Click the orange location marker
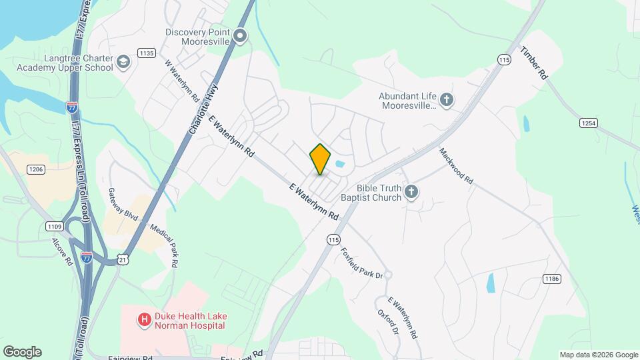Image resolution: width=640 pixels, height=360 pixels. click(320, 159)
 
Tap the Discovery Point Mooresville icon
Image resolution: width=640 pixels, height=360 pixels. click(241, 37)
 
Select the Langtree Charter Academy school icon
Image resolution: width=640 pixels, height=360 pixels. click(123, 63)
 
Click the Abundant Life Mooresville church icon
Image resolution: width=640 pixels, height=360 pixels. click(447, 100)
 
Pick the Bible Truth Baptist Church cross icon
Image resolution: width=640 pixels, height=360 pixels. click(412, 193)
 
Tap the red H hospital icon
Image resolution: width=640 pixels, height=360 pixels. click(143, 320)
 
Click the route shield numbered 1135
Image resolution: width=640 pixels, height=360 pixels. click(147, 53)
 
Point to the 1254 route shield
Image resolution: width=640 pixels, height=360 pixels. click(587, 123)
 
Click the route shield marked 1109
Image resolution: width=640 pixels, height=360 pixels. click(55, 227)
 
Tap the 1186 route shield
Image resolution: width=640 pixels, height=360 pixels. click(551, 278)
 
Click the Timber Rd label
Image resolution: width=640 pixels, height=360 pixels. click(534, 63)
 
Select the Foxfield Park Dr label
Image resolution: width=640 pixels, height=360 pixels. click(362, 263)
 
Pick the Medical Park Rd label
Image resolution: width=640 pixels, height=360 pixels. click(163, 245)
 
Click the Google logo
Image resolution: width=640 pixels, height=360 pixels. click(22, 352)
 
